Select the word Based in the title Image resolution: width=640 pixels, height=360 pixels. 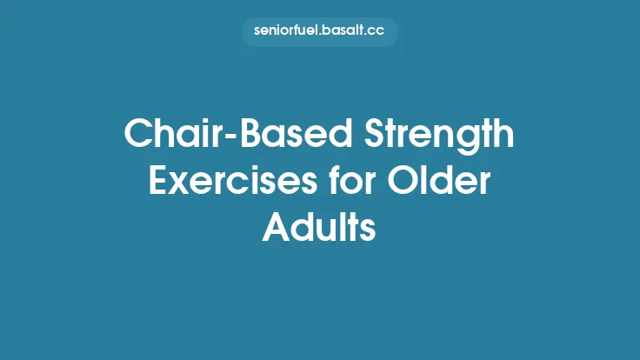(x=265, y=136)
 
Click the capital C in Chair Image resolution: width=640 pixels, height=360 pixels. (x=137, y=136)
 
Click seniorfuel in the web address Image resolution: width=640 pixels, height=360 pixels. (x=283, y=32)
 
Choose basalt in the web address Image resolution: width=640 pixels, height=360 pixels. (x=339, y=32)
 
